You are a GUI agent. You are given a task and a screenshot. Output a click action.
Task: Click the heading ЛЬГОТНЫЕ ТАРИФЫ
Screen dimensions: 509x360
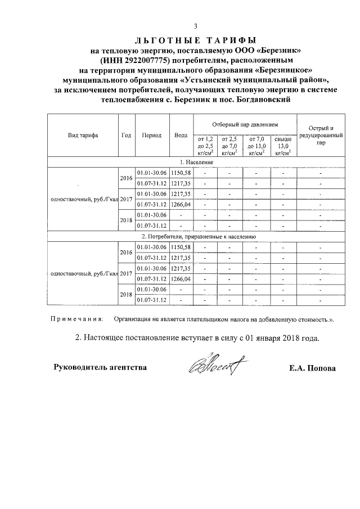[195, 40]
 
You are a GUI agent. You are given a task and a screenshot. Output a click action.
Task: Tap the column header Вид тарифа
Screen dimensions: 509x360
[83, 135]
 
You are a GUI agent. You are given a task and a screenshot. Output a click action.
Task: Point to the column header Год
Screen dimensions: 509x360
[127, 135]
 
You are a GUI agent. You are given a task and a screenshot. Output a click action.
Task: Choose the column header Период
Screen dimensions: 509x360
[152, 135]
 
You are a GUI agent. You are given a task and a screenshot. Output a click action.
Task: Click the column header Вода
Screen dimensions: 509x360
[181, 135]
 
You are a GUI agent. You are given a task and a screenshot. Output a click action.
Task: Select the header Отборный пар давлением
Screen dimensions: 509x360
[244, 123]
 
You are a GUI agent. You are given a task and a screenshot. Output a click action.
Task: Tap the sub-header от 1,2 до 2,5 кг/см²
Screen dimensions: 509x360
[204, 145]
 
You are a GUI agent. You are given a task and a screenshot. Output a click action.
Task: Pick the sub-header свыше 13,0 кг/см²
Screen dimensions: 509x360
[283, 145]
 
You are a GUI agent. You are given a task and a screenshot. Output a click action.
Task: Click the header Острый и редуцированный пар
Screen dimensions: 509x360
[320, 136]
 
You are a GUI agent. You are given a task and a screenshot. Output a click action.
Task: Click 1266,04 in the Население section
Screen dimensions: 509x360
[181, 204]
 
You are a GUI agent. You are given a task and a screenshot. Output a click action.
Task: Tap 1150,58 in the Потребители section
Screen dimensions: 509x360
[181, 247]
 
